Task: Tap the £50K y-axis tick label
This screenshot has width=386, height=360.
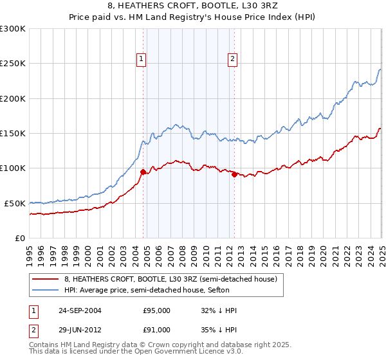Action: tap(14, 203)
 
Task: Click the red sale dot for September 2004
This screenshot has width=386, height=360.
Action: tap(143, 172)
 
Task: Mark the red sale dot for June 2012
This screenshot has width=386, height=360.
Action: tap(234, 174)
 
